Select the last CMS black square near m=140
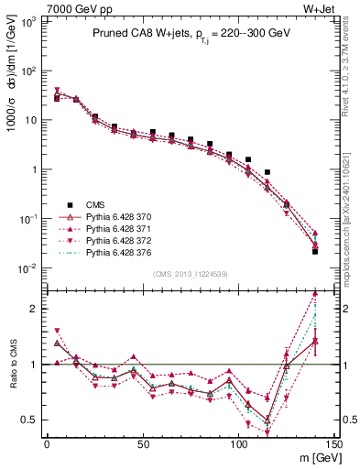coord(315,251)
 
